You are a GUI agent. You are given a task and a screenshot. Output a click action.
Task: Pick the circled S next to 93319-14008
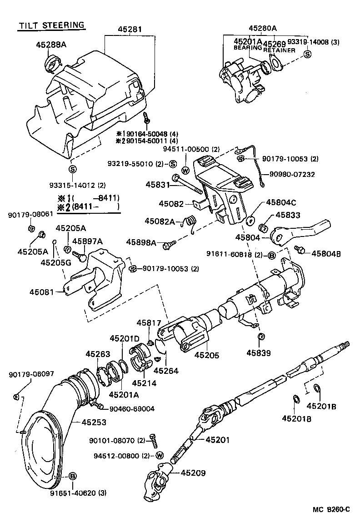tap(307, 54)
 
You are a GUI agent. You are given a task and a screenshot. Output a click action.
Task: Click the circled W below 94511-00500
tap(186, 170)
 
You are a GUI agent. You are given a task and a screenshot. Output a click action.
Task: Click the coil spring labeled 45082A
tap(190, 221)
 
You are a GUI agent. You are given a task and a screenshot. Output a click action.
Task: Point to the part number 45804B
tap(326, 254)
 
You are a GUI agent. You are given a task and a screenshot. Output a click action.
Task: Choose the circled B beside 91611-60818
tap(271, 255)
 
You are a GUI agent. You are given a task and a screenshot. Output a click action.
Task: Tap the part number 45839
tap(258, 352)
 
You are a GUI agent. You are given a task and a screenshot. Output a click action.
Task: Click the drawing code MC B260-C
tap(330, 509)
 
